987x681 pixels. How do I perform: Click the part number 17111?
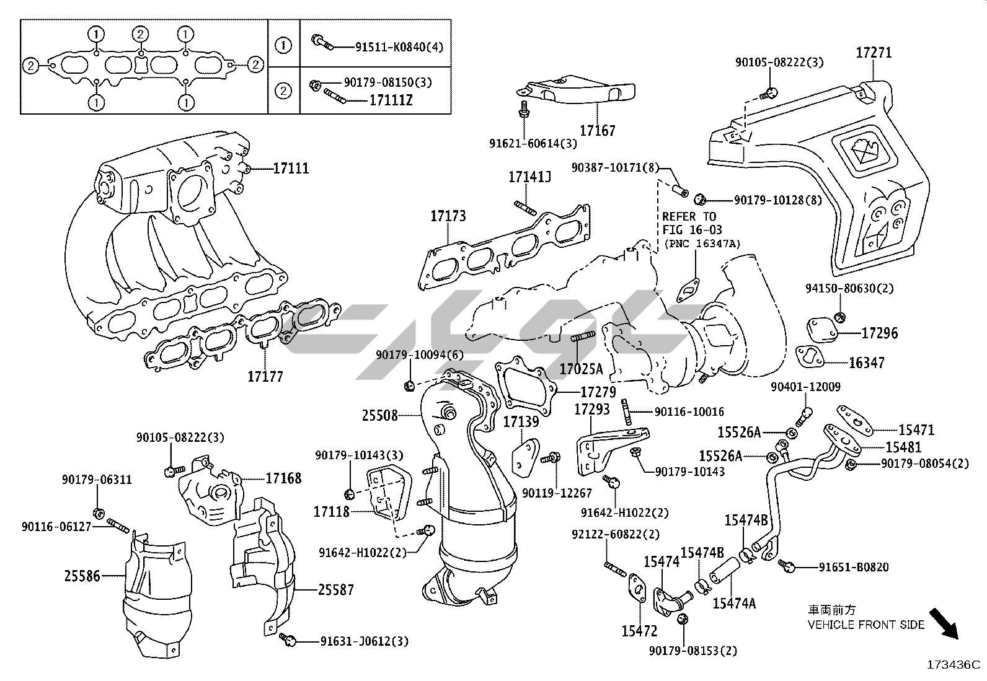pyautogui.click(x=291, y=169)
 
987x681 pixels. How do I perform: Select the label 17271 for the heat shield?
pyautogui.click(x=874, y=53)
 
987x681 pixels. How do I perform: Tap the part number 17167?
pyautogui.click(x=598, y=131)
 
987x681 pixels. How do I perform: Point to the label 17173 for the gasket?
pyautogui.click(x=448, y=216)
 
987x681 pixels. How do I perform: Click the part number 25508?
pyautogui.click(x=379, y=415)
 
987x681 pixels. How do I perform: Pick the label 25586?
pyautogui.click(x=82, y=576)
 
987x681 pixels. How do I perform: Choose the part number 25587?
pyautogui.click(x=336, y=589)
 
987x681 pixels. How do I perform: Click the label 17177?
pyautogui.click(x=265, y=376)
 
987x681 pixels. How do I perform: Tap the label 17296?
pyautogui.click(x=879, y=333)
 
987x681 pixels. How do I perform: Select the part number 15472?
pyautogui.click(x=639, y=631)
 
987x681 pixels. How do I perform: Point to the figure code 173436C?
pyautogui.click(x=954, y=665)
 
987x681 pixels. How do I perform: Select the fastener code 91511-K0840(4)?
pyautogui.click(x=399, y=47)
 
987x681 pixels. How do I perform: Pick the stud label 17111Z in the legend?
pyautogui.click(x=391, y=99)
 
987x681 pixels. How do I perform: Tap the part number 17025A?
pyautogui.click(x=581, y=369)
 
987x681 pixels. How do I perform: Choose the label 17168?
pyautogui.click(x=283, y=478)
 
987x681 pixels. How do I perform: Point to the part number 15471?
pyautogui.click(x=916, y=430)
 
